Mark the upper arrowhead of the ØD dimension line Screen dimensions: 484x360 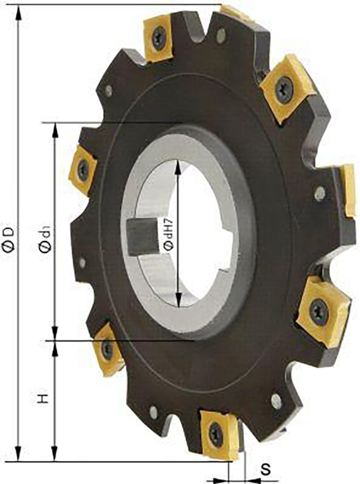point(18,12)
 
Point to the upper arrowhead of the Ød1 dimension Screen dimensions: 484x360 point(55,130)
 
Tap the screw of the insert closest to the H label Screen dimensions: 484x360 point(107,350)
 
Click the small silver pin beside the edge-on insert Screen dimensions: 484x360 point(320,193)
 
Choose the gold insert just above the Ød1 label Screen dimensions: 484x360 point(83,169)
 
